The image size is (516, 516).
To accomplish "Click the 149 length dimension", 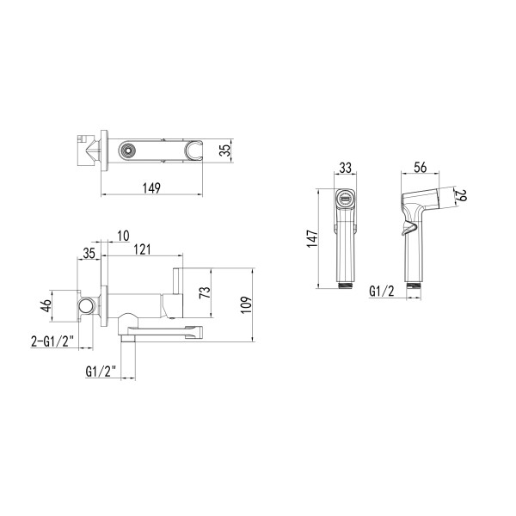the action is pos(151,187).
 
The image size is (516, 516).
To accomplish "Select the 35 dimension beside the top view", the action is pos(225,151).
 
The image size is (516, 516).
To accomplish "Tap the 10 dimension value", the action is pos(123,236).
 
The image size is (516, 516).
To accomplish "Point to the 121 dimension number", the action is pos(142,249).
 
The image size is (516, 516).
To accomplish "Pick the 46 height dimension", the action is pos(46,305).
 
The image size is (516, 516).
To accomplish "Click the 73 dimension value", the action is pos(205,292).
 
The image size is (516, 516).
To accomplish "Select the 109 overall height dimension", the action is pos(246,305).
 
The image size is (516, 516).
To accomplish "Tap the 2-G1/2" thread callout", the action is pos(52,341).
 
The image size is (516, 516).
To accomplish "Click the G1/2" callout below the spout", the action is pos(101,372).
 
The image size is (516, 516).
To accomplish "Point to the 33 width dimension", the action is pos(345,168).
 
